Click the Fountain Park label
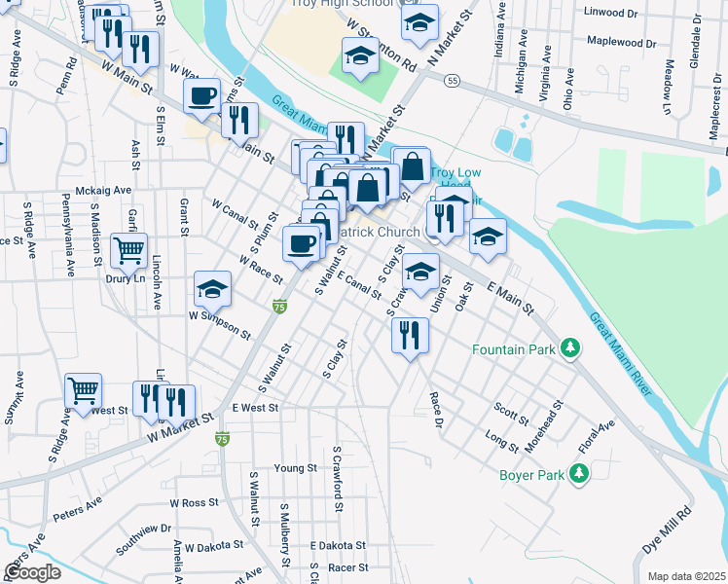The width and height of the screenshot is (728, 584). (x=515, y=348)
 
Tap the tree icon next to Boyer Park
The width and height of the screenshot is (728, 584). (x=579, y=473)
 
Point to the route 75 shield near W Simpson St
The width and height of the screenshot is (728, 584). (x=280, y=307)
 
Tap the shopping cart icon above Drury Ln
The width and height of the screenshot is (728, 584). (x=128, y=249)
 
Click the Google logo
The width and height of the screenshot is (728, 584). (x=32, y=571)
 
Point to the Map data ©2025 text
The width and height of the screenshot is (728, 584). (x=686, y=576)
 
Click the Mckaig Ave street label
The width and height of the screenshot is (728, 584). (x=103, y=191)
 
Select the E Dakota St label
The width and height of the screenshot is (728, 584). (x=338, y=546)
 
